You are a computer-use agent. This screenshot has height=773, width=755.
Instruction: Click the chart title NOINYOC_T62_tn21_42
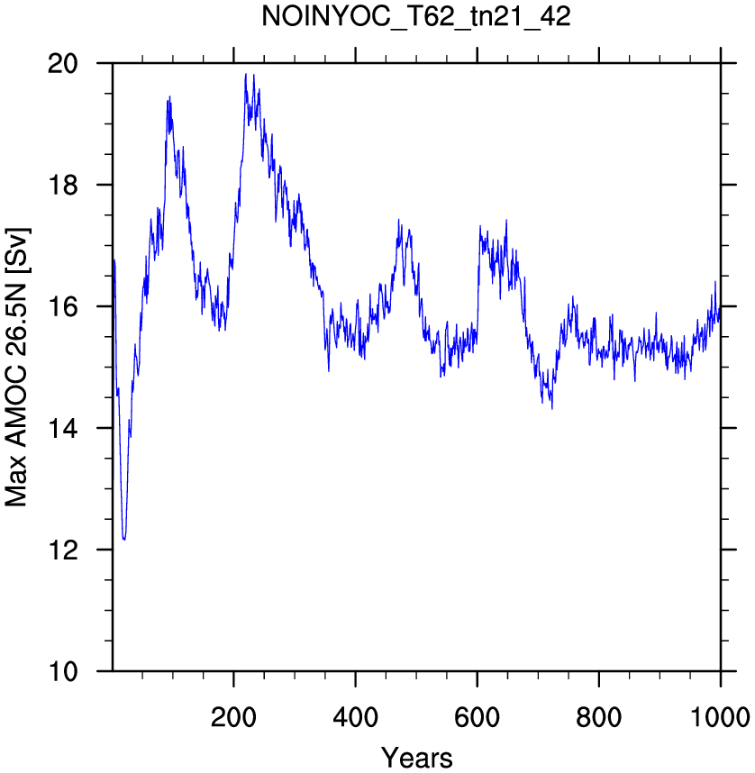pyautogui.click(x=415, y=17)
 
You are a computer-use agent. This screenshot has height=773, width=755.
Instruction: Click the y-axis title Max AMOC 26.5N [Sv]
pyautogui.click(x=17, y=368)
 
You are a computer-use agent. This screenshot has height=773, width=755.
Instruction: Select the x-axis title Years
pyautogui.click(x=417, y=758)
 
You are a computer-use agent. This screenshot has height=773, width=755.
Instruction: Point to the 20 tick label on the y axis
pyautogui.click(x=63, y=64)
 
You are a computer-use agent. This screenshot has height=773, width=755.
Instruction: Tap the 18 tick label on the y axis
pyautogui.click(x=63, y=185)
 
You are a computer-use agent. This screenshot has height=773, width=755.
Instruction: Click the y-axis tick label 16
pyautogui.click(x=63, y=306)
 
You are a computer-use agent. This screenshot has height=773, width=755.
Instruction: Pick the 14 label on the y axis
pyautogui.click(x=63, y=428)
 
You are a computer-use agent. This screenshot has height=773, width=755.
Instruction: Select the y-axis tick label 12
pyautogui.click(x=63, y=550)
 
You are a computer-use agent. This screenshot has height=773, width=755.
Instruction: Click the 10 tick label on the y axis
pyautogui.click(x=63, y=671)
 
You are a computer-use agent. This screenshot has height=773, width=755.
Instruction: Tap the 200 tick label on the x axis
pyautogui.click(x=233, y=717)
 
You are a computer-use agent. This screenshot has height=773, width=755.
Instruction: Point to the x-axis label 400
pyautogui.click(x=356, y=717)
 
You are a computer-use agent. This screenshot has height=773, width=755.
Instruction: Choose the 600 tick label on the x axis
pyautogui.click(x=478, y=717)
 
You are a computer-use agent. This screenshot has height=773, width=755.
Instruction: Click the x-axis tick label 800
pyautogui.click(x=599, y=717)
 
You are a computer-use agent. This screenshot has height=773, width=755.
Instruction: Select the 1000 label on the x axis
pyautogui.click(x=720, y=717)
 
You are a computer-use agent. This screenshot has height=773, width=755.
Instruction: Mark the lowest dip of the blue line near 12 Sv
pyautogui.click(x=124, y=540)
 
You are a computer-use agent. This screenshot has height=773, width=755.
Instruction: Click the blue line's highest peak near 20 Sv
pyautogui.click(x=246, y=75)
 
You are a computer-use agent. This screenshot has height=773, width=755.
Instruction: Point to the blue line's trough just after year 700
pyautogui.click(x=551, y=408)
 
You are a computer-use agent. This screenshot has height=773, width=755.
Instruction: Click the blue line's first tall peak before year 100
pyautogui.click(x=169, y=97)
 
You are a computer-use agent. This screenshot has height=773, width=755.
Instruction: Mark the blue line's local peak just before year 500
pyautogui.click(x=399, y=220)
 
